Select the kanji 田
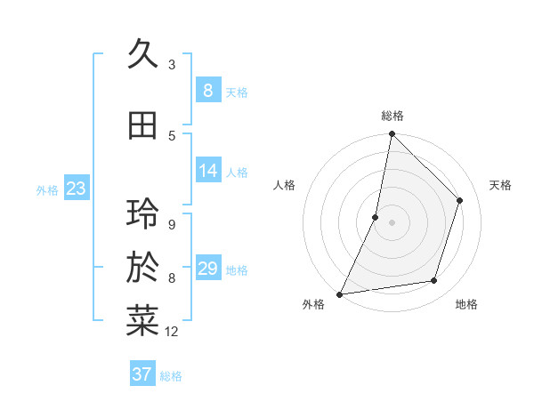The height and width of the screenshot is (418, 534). [x=142, y=126]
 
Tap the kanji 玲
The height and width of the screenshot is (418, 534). [x=142, y=214]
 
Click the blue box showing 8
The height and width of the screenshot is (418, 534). [x=207, y=90]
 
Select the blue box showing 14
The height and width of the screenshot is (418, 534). [x=207, y=171]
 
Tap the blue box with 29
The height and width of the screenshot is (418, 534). [x=207, y=269]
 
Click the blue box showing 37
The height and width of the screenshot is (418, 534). [x=142, y=374]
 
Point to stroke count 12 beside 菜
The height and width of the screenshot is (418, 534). [x=172, y=332]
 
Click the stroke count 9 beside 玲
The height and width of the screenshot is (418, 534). [x=171, y=224]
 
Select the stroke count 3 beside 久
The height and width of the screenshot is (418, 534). [x=171, y=64]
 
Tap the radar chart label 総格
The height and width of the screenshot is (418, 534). [x=392, y=116]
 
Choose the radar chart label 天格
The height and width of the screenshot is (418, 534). [x=501, y=185]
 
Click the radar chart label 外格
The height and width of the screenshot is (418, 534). [x=313, y=304]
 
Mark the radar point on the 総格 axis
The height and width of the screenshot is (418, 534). [x=392, y=134]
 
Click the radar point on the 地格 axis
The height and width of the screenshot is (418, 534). [x=434, y=281]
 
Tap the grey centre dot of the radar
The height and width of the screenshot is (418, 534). [x=392, y=221]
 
